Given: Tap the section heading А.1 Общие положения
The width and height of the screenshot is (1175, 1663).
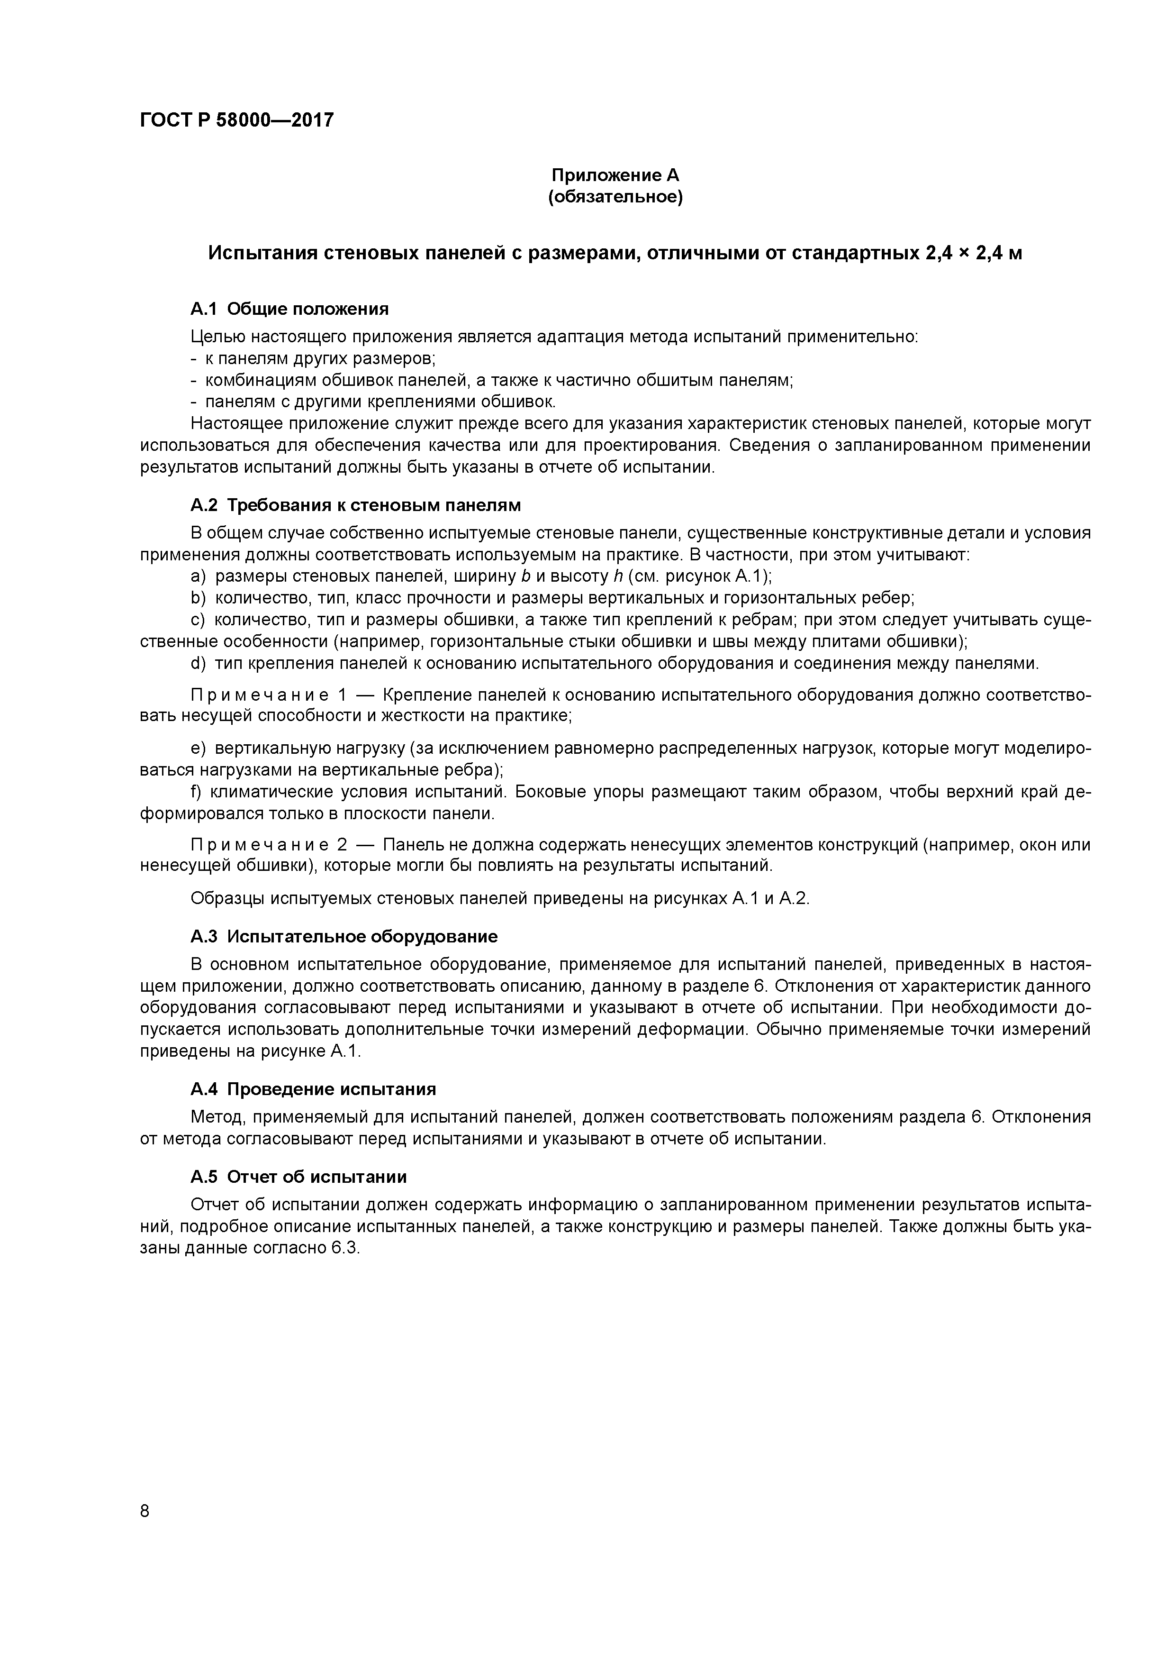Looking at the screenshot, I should click(289, 309).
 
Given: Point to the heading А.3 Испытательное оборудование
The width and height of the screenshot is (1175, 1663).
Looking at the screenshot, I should click(344, 937).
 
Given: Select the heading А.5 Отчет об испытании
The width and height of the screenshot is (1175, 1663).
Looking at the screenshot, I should click(298, 1177).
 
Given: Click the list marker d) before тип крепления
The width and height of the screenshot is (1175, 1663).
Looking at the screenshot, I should click(199, 664).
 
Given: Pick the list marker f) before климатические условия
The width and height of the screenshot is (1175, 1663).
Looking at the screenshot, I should click(196, 792).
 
